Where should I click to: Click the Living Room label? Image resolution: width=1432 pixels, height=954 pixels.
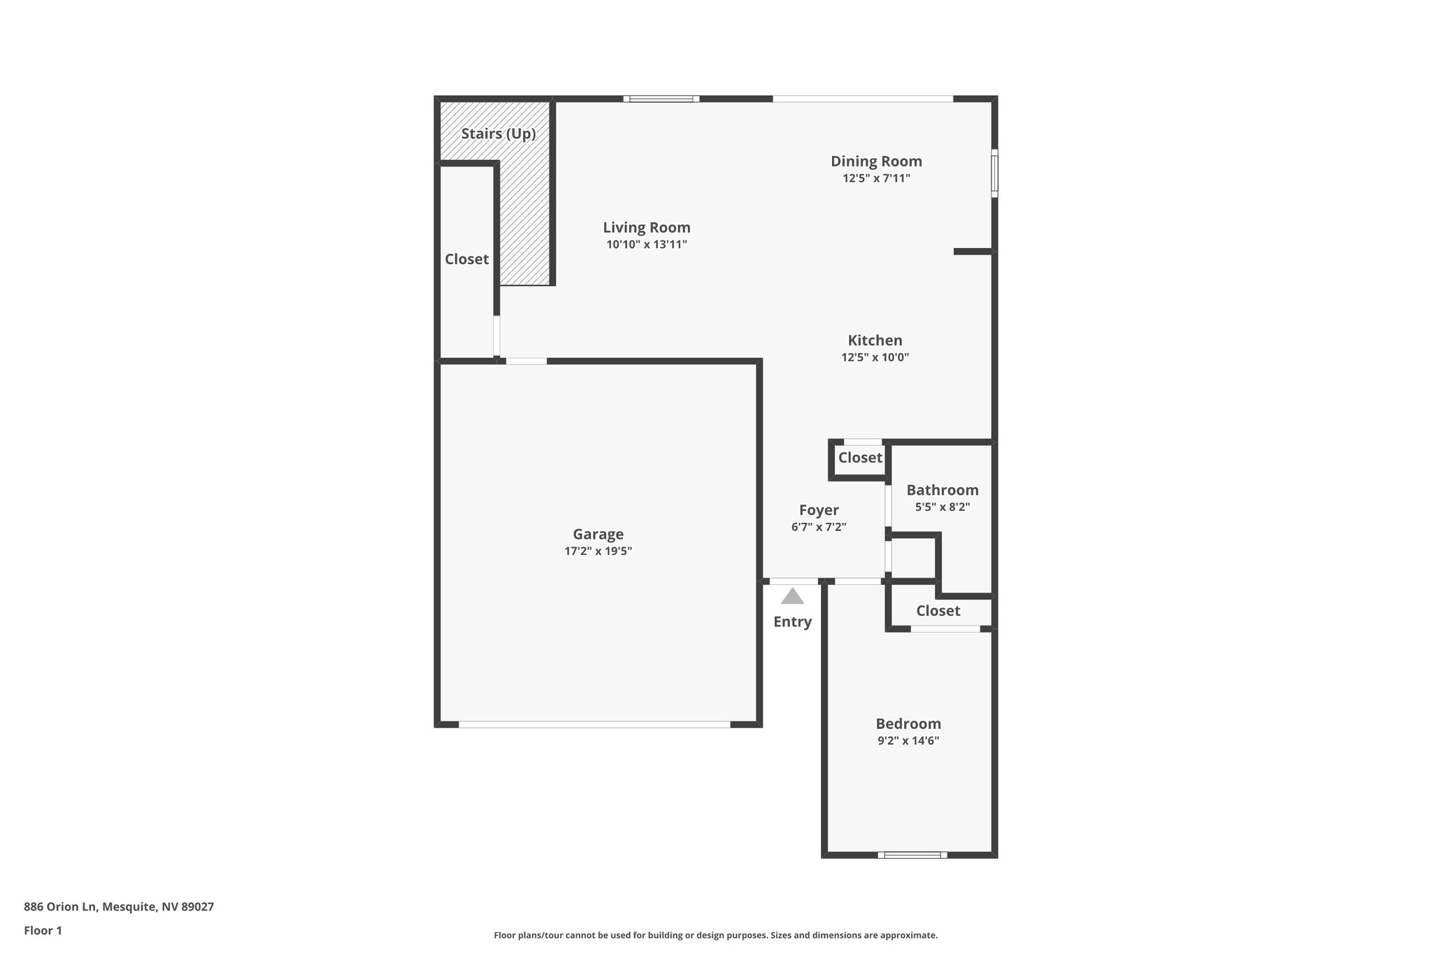647,227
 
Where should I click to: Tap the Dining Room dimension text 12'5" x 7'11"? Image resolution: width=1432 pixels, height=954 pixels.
876,178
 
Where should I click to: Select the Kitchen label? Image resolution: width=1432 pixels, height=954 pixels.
875,340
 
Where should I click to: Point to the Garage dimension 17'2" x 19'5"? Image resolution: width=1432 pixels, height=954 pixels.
598,551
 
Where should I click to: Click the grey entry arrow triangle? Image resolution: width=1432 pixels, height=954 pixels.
792,596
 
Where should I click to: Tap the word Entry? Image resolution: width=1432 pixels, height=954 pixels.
792,621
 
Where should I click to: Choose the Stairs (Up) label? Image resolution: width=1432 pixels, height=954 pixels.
499,133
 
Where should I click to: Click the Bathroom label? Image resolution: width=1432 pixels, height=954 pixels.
943,490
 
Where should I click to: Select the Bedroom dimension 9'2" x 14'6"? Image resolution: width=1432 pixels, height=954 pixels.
908,741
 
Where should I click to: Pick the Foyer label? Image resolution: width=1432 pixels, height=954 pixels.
819,510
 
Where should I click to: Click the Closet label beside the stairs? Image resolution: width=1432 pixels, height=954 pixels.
466,259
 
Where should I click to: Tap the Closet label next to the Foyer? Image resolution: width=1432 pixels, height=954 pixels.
860,458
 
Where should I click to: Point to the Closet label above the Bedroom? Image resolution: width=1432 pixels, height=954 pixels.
938,611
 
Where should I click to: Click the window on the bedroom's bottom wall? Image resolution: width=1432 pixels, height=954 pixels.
912,855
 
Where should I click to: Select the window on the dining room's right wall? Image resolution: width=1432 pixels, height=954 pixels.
994,173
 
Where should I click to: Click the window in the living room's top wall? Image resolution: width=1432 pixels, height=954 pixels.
661,99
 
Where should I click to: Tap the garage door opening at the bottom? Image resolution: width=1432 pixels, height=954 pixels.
594,725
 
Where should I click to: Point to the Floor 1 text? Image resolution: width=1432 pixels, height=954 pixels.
43,930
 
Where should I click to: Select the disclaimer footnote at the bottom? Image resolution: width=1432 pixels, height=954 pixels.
715,935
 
